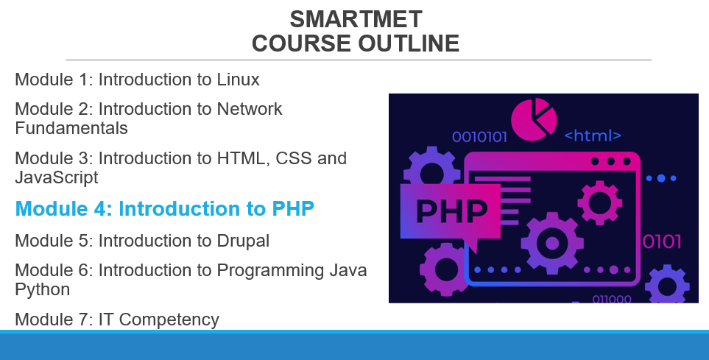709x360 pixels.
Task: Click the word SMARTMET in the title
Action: tap(356, 19)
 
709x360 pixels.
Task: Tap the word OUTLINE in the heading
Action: tap(409, 43)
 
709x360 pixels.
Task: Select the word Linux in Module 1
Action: tap(239, 80)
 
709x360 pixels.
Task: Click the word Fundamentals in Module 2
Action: tap(71, 128)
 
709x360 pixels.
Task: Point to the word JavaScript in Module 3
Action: tap(57, 177)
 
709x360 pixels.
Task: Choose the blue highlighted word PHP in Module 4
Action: tap(293, 208)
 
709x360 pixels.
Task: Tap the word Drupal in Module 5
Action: tap(243, 241)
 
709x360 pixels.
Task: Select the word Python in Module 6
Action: tap(43, 289)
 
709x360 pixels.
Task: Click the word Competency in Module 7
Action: tap(169, 320)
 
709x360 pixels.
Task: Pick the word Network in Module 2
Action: tap(250, 109)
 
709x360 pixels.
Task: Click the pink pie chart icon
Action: tap(534, 119)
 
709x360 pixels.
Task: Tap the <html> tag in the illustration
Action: tap(593, 135)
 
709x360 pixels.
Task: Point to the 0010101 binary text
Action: tap(480, 137)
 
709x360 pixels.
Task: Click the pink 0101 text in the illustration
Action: tap(662, 242)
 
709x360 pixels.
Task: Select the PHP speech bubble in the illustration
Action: tap(451, 212)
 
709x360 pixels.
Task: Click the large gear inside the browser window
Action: tap(552, 244)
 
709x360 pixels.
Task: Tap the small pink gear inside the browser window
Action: tap(600, 202)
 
